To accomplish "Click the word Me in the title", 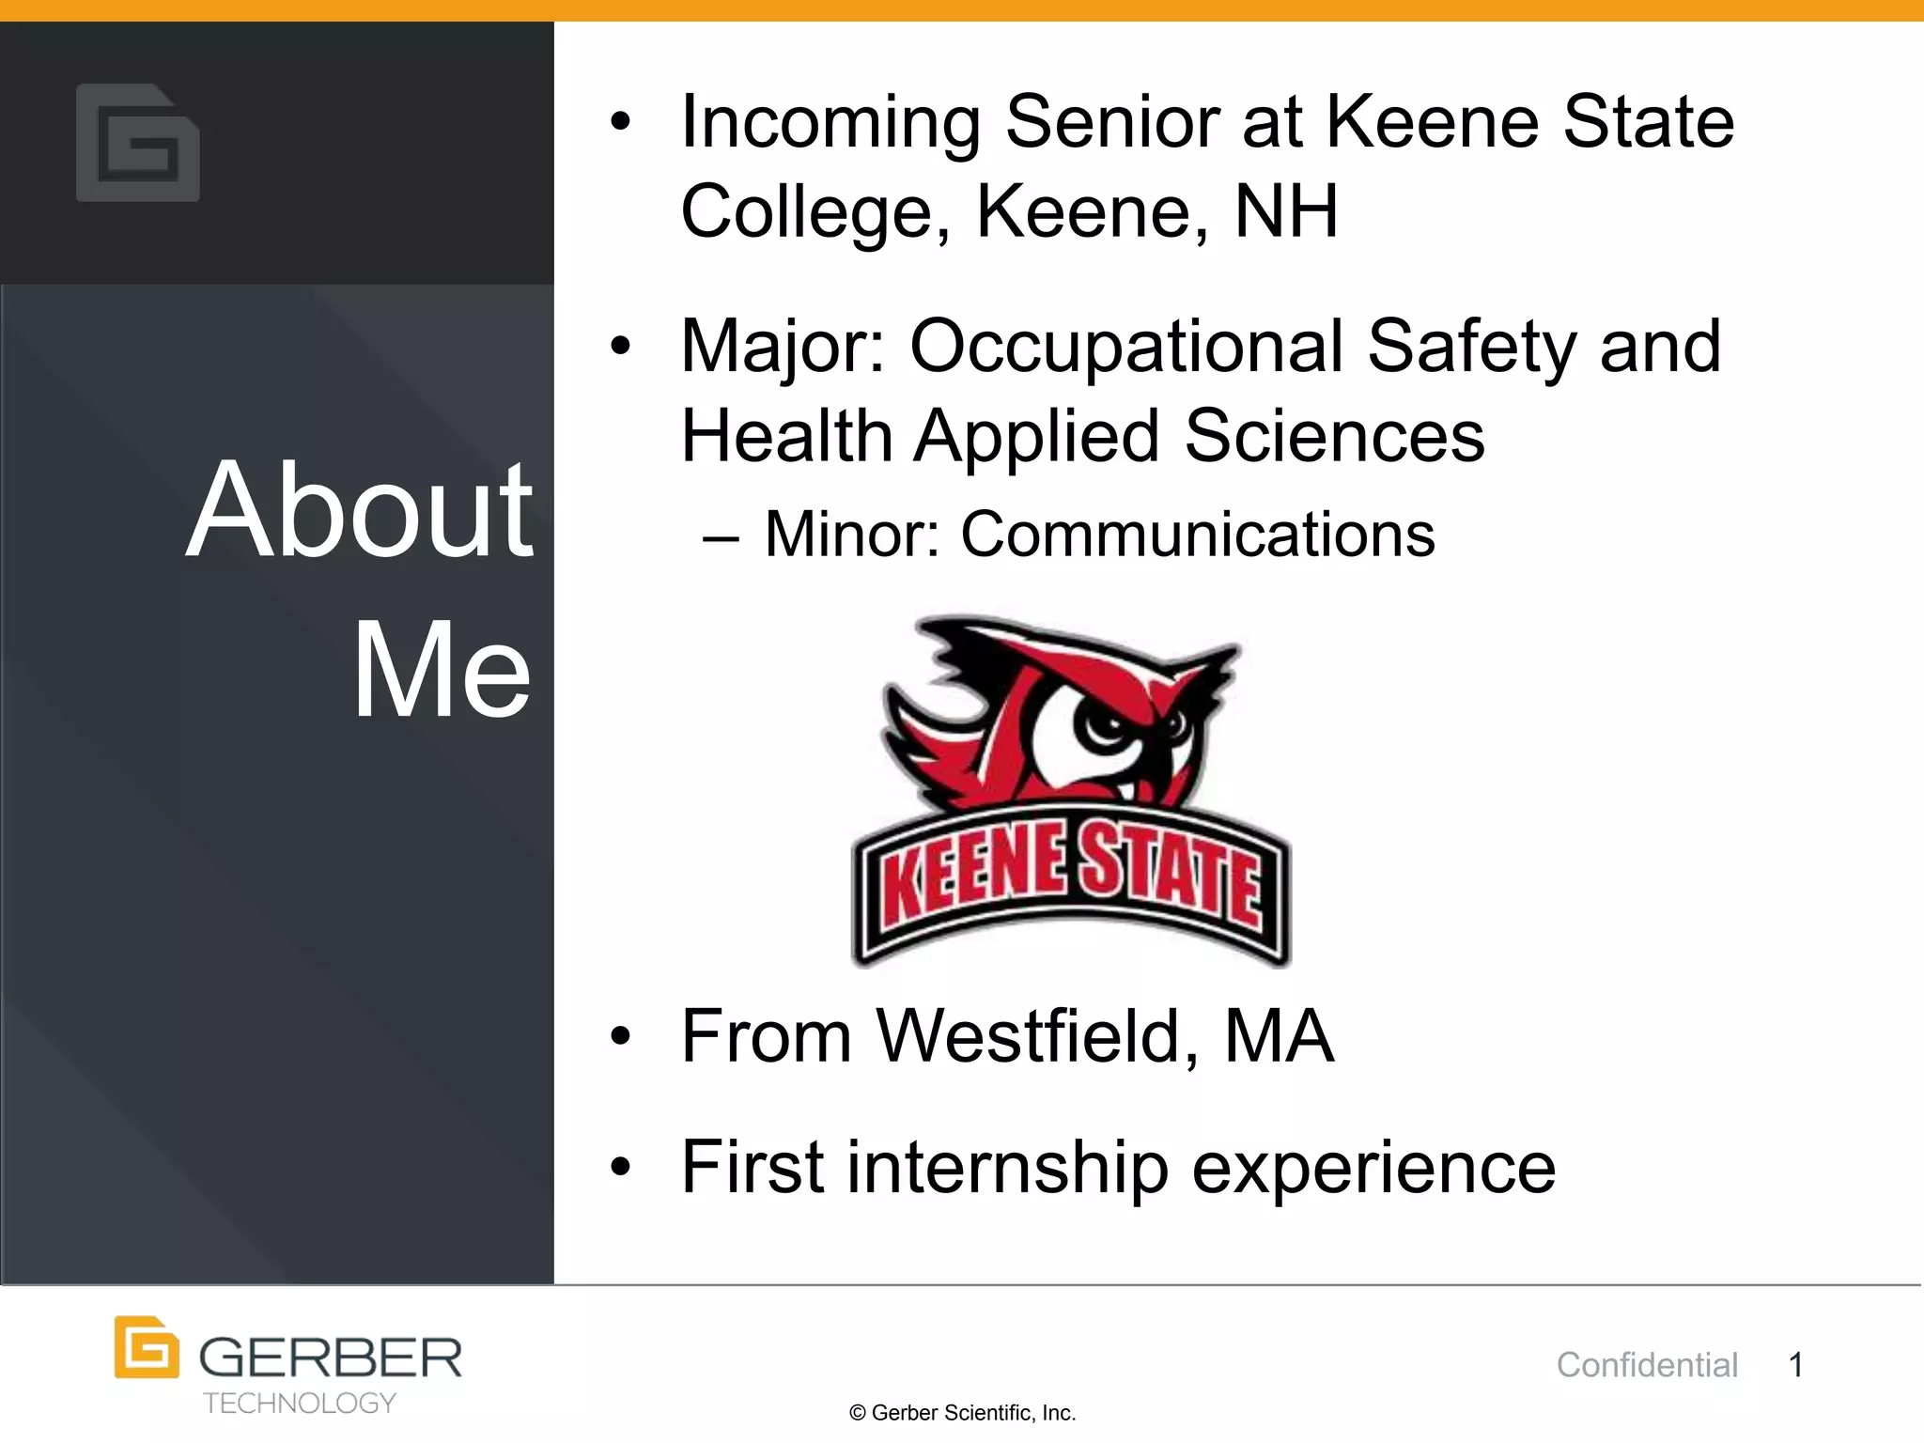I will pyautogui.click(x=442, y=669).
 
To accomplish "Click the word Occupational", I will pyautogui.click(x=1126, y=346).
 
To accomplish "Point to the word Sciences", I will pyautogui.click(x=1334, y=436).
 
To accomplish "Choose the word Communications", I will pyautogui.click(x=1197, y=534).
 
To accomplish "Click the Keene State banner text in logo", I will pyautogui.click(x=1071, y=874).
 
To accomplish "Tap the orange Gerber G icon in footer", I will pyautogui.click(x=147, y=1347).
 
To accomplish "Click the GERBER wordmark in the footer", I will pyautogui.click(x=331, y=1358).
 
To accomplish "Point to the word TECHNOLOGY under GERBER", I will pyautogui.click(x=300, y=1403).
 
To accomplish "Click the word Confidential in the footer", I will pyautogui.click(x=1647, y=1364).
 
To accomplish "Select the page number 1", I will pyautogui.click(x=1795, y=1364).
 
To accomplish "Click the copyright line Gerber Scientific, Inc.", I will pyautogui.click(x=962, y=1413).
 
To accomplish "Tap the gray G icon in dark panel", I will pyautogui.click(x=138, y=143).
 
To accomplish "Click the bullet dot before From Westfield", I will pyautogui.click(x=620, y=1037).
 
